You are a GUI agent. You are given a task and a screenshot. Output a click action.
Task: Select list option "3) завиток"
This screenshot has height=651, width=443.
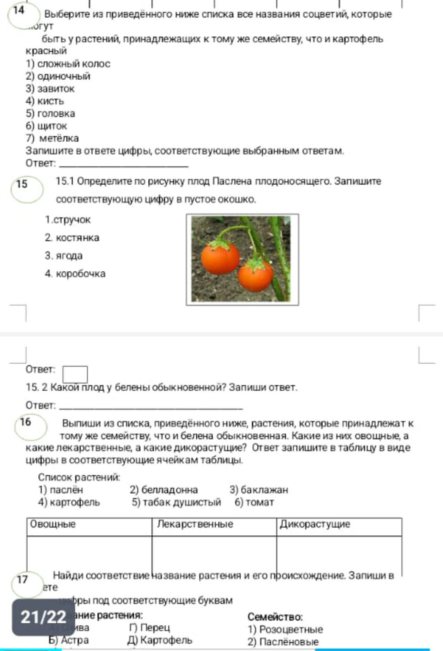[x=50, y=88]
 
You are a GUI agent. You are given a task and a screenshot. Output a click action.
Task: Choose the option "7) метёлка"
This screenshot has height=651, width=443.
[x=52, y=138]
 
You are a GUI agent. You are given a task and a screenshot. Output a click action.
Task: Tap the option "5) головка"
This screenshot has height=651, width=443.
[x=50, y=113]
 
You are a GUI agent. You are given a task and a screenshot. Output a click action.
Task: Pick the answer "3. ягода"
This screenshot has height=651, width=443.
[x=64, y=255]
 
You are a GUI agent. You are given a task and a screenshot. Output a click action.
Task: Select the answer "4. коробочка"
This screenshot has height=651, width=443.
[x=75, y=273]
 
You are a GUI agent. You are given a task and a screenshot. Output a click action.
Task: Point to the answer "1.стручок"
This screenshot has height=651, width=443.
[x=68, y=219]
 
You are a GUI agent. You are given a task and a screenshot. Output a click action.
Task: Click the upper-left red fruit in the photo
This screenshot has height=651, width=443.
[x=220, y=258]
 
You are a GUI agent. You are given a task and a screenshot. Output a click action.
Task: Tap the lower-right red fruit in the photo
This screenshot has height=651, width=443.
[x=256, y=274]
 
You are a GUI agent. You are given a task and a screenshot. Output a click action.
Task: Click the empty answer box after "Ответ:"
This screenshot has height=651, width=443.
[x=75, y=374]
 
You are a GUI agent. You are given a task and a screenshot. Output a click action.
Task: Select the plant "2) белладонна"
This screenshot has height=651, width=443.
[x=164, y=490]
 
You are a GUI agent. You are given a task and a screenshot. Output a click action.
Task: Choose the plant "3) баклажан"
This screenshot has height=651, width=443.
[x=259, y=490]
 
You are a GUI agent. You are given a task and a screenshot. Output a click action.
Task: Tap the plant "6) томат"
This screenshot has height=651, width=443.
[x=254, y=502]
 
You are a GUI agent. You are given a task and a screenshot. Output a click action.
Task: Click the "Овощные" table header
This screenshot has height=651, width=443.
[x=53, y=525]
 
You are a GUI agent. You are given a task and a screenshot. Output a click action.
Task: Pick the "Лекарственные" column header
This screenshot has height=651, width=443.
[x=195, y=525]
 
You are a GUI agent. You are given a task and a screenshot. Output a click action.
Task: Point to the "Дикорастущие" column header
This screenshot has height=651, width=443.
[x=315, y=525]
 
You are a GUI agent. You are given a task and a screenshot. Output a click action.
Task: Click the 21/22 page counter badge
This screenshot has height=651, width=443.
[x=43, y=617]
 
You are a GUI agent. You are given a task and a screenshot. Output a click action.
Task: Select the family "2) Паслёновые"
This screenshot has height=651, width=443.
[x=283, y=642]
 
